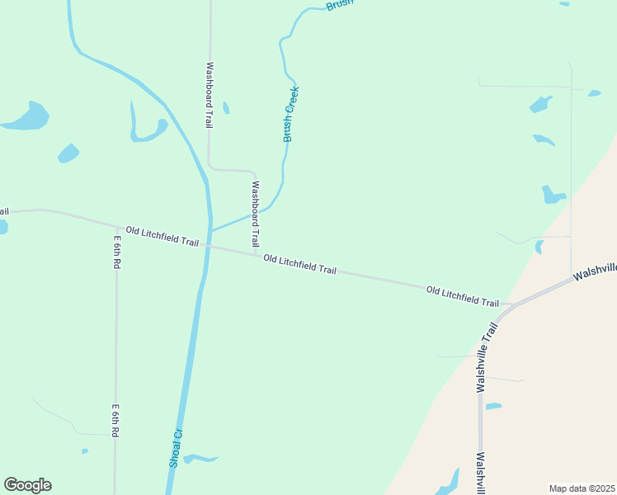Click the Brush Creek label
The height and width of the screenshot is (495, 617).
[x=291, y=114]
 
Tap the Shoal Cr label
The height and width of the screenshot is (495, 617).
[x=175, y=448]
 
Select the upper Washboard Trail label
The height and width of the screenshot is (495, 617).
[x=210, y=95]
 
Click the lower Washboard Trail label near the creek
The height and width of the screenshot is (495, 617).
[x=255, y=215]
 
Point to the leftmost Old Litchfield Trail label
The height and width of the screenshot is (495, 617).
[x=162, y=236]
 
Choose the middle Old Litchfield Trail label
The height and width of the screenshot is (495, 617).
[x=300, y=264]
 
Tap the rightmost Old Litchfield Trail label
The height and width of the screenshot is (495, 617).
[x=463, y=296]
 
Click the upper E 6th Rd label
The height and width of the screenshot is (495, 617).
[x=117, y=253]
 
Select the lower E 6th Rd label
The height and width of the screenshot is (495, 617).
[x=117, y=421]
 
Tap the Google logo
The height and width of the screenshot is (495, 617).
[x=27, y=485]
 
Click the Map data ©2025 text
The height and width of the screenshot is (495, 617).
[x=582, y=488]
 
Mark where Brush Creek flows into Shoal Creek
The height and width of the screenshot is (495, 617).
[x=210, y=230]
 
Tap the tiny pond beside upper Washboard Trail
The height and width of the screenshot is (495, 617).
[x=226, y=108]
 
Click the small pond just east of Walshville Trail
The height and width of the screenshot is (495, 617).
[x=493, y=406]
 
